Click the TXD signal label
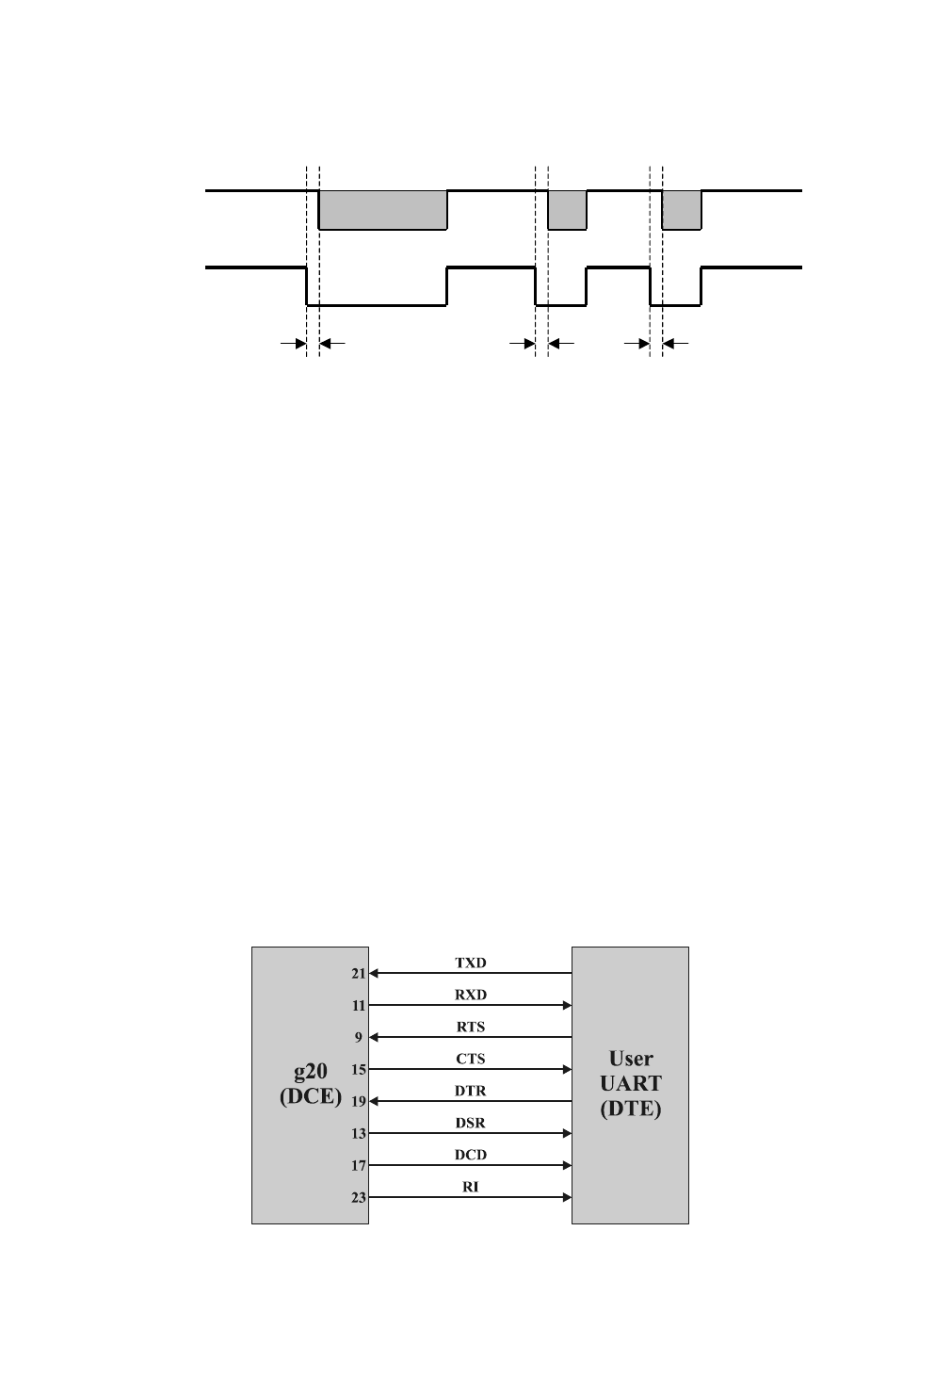click(x=471, y=963)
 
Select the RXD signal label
click(x=471, y=995)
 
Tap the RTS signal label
click(x=471, y=1027)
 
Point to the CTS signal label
click(x=471, y=1059)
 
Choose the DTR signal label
click(x=471, y=1091)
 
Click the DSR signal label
click(x=471, y=1123)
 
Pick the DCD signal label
click(x=471, y=1155)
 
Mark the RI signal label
click(x=471, y=1187)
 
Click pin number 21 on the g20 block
click(x=359, y=974)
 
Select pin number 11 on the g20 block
click(x=359, y=1006)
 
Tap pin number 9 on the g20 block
click(x=359, y=1038)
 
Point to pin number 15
click(x=359, y=1070)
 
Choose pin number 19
click(x=359, y=1102)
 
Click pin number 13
click(x=359, y=1134)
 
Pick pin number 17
click(x=359, y=1166)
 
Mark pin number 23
click(x=359, y=1198)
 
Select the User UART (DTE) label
click(x=630, y=1083)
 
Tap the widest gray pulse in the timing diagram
click(x=382, y=210)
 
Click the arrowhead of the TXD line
click(x=374, y=973)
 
